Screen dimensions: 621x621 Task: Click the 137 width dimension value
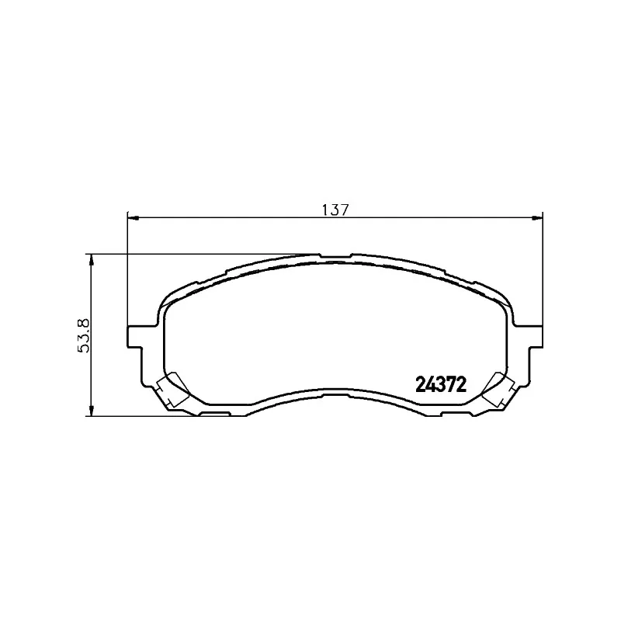click(x=335, y=210)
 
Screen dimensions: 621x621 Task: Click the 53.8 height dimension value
click(x=85, y=335)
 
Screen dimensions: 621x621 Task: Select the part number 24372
click(x=441, y=384)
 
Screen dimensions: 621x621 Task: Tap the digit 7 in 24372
click(x=452, y=384)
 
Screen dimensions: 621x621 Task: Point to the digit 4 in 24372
click(x=431, y=384)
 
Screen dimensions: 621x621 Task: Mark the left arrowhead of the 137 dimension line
click(x=133, y=217)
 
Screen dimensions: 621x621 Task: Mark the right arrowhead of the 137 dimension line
click(x=537, y=217)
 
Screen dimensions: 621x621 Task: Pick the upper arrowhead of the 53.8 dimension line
click(x=92, y=259)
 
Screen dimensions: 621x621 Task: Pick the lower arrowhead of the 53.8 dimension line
click(x=92, y=411)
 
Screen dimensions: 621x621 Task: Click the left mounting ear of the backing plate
click(x=135, y=337)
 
